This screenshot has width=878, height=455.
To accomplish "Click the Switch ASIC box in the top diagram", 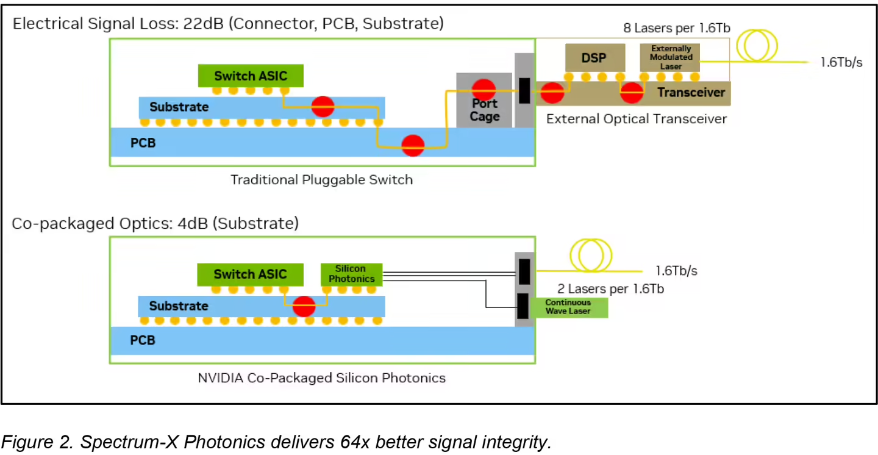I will (251, 76).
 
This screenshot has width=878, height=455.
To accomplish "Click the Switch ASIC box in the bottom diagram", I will (250, 274).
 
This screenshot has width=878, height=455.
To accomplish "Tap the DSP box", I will (594, 57).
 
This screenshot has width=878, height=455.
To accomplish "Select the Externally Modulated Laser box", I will (670, 57).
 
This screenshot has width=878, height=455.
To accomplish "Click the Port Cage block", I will (484, 110).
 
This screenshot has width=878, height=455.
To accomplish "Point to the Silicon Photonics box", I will (351, 273).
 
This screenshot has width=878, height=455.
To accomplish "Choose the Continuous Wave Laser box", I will (568, 307).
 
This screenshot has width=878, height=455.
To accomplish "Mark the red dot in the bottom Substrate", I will (304, 306).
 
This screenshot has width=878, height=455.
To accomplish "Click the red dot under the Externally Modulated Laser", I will (632, 93).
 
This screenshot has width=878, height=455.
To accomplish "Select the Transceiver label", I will (691, 93).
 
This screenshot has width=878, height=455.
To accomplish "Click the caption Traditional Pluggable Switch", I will (321, 179).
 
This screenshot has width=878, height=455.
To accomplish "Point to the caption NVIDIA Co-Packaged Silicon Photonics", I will (321, 378).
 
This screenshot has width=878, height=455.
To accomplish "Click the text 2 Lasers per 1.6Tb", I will (610, 288).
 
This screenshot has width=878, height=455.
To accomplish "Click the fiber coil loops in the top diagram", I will (758, 47).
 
